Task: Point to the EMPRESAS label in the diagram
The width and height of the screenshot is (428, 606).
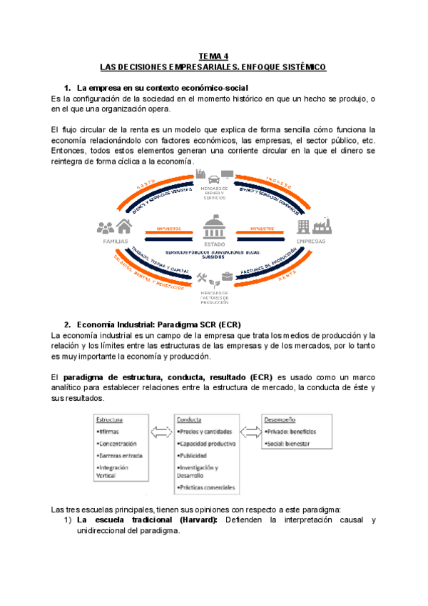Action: [311, 242]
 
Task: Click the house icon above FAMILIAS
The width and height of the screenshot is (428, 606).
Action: [124, 227]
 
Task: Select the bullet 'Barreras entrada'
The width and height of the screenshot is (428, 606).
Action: [121, 454]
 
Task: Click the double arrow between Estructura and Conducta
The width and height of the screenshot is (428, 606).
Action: [161, 432]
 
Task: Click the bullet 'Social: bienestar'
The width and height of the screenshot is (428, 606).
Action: [291, 443]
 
